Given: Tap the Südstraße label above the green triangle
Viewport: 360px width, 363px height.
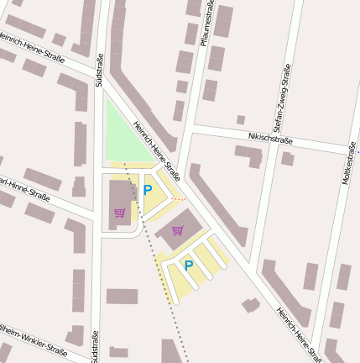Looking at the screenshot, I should click(100, 71).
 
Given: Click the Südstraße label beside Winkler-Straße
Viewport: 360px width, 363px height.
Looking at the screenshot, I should click(93, 345).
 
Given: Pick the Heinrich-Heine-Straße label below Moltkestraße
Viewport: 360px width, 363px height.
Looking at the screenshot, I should click(299, 334).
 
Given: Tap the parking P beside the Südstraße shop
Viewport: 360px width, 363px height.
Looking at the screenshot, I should click(148, 191).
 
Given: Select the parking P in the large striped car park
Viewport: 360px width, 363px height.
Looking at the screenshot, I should click(189, 265).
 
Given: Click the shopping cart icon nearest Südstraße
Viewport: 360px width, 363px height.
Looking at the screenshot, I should click(119, 213).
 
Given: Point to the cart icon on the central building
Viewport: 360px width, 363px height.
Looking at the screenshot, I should click(177, 229).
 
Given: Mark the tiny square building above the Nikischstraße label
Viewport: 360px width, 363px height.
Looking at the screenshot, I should click(241, 120).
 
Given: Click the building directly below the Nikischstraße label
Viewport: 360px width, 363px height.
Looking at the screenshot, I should click(249, 156).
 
